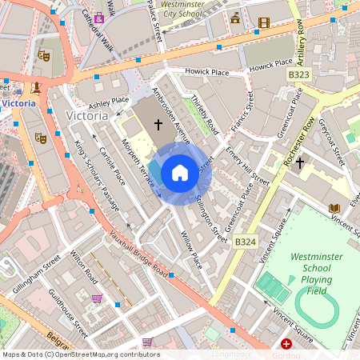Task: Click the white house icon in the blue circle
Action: [x=180, y=173]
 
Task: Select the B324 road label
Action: [x=246, y=240]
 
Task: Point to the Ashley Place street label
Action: [x=109, y=102]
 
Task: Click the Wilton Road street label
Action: [x=83, y=267]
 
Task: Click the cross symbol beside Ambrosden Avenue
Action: [x=158, y=124]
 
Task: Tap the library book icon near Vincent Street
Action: [x=334, y=209]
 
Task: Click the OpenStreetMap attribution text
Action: [x=81, y=354]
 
